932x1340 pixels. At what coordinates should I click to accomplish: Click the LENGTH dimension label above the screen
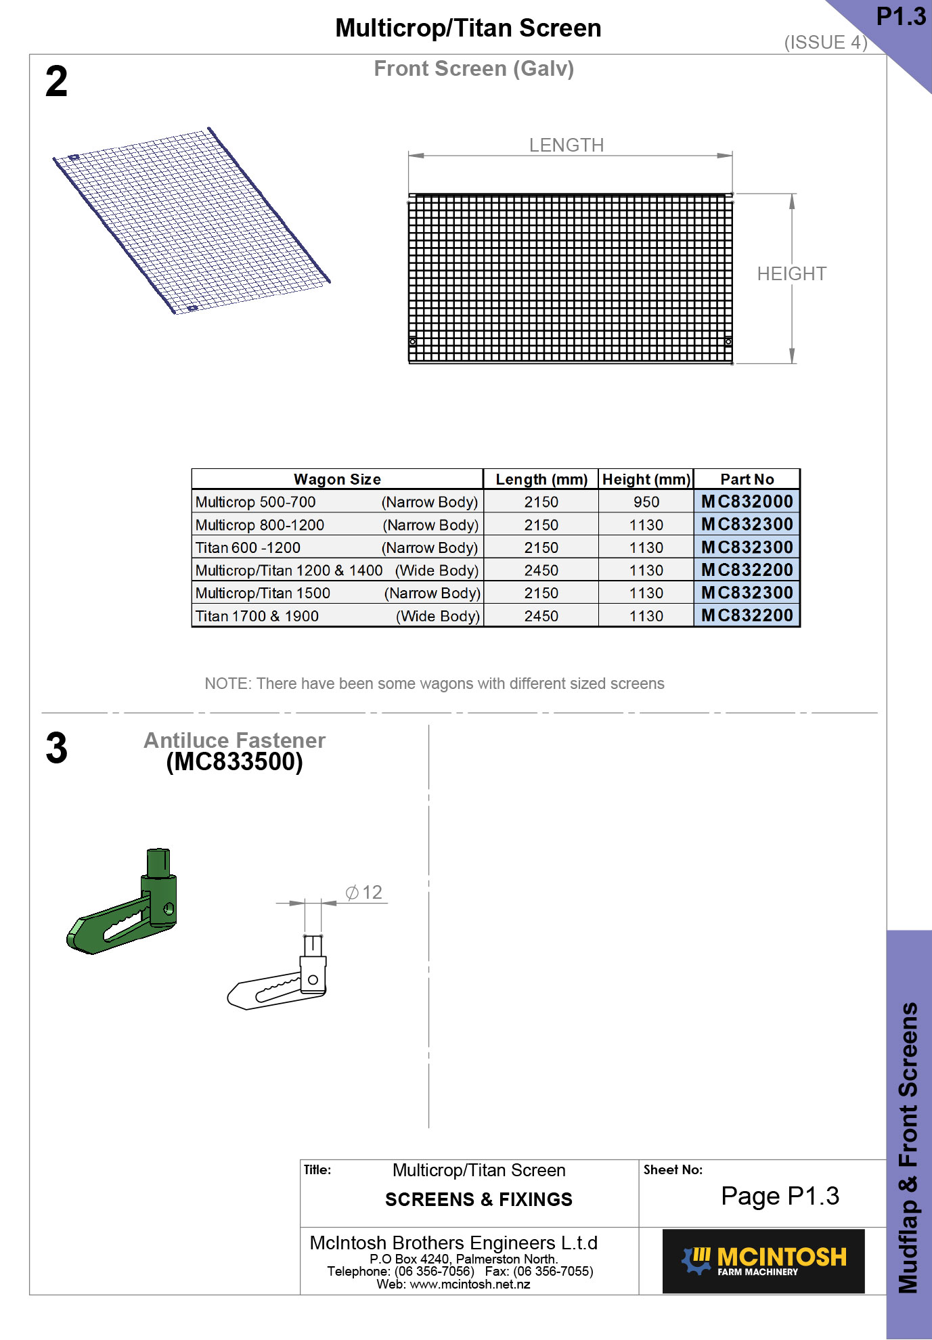coord(566,146)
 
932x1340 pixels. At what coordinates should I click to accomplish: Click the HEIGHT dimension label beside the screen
coord(791,274)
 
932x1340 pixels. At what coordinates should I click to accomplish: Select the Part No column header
coord(747,479)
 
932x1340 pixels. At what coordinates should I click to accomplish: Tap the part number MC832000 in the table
coord(747,501)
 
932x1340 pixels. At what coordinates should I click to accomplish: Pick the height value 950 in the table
coord(646,502)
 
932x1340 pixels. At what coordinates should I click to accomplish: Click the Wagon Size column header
coord(337,479)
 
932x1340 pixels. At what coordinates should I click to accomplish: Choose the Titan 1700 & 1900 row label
coord(257,616)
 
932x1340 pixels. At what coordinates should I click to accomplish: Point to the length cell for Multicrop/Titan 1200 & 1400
coord(541,571)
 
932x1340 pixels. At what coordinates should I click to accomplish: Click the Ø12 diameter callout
coord(364,893)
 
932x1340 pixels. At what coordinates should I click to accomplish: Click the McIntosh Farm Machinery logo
coord(763,1261)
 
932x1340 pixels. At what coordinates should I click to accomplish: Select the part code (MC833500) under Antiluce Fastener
coord(234,762)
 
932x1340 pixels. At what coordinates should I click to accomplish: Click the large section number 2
coord(57,82)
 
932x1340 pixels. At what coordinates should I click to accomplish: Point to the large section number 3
coord(57,749)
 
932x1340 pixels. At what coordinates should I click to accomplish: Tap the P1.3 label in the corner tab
coord(900,16)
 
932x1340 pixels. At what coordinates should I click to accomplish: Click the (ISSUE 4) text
coord(825,43)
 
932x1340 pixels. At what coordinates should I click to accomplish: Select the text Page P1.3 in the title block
coord(780,1196)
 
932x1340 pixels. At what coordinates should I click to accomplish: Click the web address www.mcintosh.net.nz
coord(470,1284)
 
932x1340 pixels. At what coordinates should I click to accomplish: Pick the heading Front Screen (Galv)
coord(474,68)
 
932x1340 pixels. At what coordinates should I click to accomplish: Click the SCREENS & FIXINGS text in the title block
coord(479,1199)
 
